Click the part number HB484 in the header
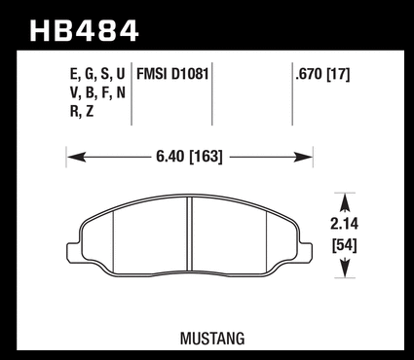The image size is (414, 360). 84,31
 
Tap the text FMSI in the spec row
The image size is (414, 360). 152,74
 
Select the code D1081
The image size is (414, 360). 190,74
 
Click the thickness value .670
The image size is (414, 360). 309,75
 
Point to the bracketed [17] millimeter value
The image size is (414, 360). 338,75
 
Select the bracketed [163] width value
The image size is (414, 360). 206,157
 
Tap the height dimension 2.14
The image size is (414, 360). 344,224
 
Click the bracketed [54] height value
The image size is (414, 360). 345,245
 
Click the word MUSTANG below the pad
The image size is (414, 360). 212,339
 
